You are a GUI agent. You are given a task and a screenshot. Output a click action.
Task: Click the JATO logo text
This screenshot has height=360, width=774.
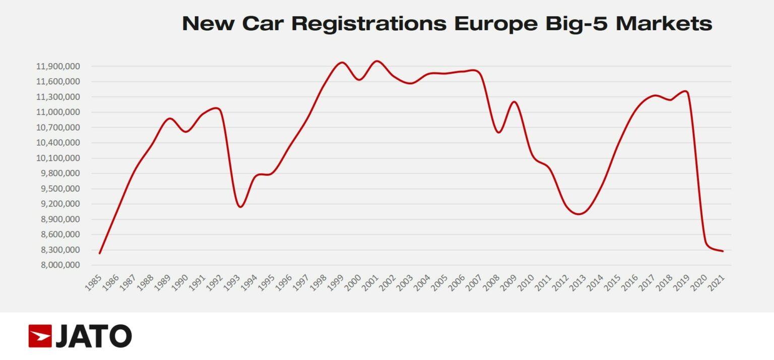coord(94,336)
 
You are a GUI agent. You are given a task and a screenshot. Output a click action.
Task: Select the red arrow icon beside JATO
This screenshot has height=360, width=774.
coord(40,336)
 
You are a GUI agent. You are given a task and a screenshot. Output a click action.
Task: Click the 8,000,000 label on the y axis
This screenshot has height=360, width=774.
coord(57,265)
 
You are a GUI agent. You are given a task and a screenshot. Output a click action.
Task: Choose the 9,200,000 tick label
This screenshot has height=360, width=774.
coord(57,204)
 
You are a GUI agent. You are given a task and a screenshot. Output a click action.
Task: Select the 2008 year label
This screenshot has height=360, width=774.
coord(493,282)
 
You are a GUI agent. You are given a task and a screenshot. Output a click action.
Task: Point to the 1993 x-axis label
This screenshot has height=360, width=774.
coord(233,282)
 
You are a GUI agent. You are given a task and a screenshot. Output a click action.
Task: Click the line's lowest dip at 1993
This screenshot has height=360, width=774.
coord(240,207)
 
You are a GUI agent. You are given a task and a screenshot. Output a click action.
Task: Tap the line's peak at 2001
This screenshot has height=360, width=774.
coord(377,61)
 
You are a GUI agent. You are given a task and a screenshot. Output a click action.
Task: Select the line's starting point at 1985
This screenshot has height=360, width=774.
coord(100,253)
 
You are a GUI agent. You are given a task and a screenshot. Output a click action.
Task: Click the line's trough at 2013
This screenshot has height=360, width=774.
coord(579,214)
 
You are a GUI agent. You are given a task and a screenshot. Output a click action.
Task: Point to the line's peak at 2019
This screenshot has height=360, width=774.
coord(685,91)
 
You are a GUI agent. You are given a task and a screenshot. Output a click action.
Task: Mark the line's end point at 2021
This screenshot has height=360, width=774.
coord(723,251)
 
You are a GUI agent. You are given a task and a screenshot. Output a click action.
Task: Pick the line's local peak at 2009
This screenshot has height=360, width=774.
coord(514,102)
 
